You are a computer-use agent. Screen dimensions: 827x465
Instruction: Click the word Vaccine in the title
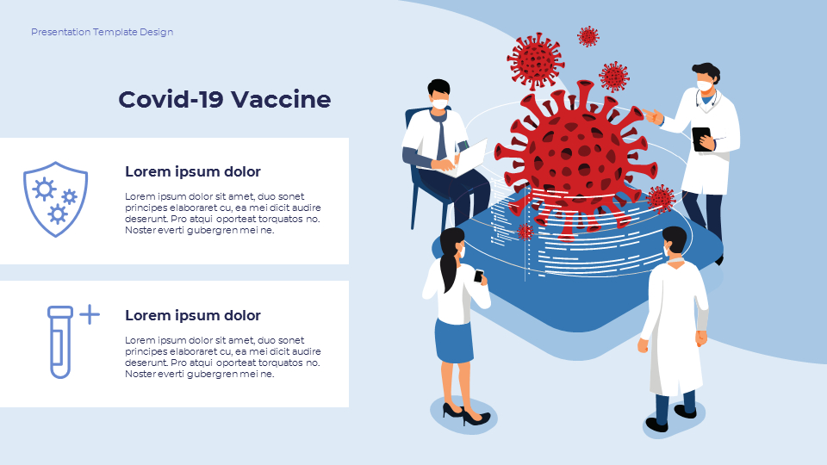click(281, 99)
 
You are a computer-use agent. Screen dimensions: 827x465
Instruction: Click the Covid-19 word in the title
click(171, 99)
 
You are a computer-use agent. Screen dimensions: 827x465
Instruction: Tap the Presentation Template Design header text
click(102, 32)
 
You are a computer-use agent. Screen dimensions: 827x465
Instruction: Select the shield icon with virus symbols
click(55, 199)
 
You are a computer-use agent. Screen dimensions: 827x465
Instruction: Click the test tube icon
click(60, 342)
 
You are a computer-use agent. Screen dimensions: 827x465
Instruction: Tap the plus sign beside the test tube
click(90, 314)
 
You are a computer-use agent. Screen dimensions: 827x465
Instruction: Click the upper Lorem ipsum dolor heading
click(192, 171)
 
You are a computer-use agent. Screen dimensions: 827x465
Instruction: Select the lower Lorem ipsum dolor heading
click(192, 315)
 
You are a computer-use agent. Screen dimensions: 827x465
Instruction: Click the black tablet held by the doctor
click(701, 139)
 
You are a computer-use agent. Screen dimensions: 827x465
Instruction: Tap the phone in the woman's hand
click(478, 276)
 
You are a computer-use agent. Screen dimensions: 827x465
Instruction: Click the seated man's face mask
click(440, 103)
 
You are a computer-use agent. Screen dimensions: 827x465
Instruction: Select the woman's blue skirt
click(454, 341)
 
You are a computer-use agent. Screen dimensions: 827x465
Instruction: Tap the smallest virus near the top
click(588, 36)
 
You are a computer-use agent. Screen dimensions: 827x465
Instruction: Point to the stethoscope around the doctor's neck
click(706, 100)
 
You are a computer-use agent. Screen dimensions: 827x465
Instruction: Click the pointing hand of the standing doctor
click(652, 116)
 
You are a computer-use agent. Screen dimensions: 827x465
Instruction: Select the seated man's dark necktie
click(441, 138)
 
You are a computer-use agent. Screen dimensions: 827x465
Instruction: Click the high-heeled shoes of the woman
click(466, 414)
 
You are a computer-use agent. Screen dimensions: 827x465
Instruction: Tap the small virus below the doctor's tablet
click(661, 199)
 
